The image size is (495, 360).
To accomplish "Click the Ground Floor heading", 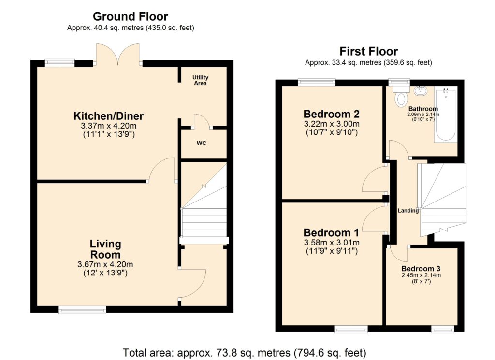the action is coord(131,16).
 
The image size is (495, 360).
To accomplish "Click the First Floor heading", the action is coord(368,51).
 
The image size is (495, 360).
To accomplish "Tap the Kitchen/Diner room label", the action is coord(109,116).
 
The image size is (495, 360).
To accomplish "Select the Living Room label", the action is coord(105,249).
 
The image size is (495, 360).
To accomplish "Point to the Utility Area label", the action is coord(201,80).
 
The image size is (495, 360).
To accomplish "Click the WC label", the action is coord(202,143).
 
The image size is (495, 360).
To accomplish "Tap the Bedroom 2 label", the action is coord(332,114).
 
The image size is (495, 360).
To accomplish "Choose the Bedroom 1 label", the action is coord(331,233).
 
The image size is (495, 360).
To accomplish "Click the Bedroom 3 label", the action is coord(421,269).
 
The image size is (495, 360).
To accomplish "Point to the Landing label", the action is coord(408,211).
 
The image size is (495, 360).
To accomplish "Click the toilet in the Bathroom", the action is coord(401,95).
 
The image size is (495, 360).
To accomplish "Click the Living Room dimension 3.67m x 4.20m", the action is coord(105,264).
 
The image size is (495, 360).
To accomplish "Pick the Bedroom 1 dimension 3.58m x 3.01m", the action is coord(332,243).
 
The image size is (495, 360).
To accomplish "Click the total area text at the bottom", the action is coord(244,352).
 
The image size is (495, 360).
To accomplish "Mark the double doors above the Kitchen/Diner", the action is coord(118,54).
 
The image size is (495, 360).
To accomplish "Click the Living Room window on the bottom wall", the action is coord(82,310).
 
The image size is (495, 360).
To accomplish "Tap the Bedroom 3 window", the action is coord(443,330).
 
